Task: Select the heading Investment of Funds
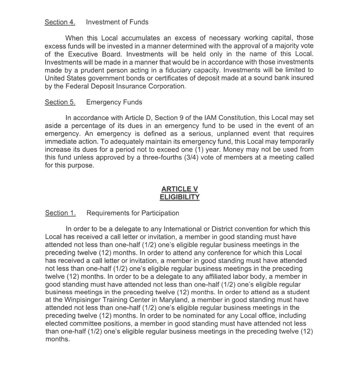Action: (x=117, y=22)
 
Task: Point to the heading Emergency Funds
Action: (x=114, y=102)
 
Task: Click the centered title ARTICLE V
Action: (x=180, y=189)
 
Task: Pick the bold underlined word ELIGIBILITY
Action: (x=180, y=197)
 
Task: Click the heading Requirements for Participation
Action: (x=133, y=213)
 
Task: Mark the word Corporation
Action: (x=165, y=86)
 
